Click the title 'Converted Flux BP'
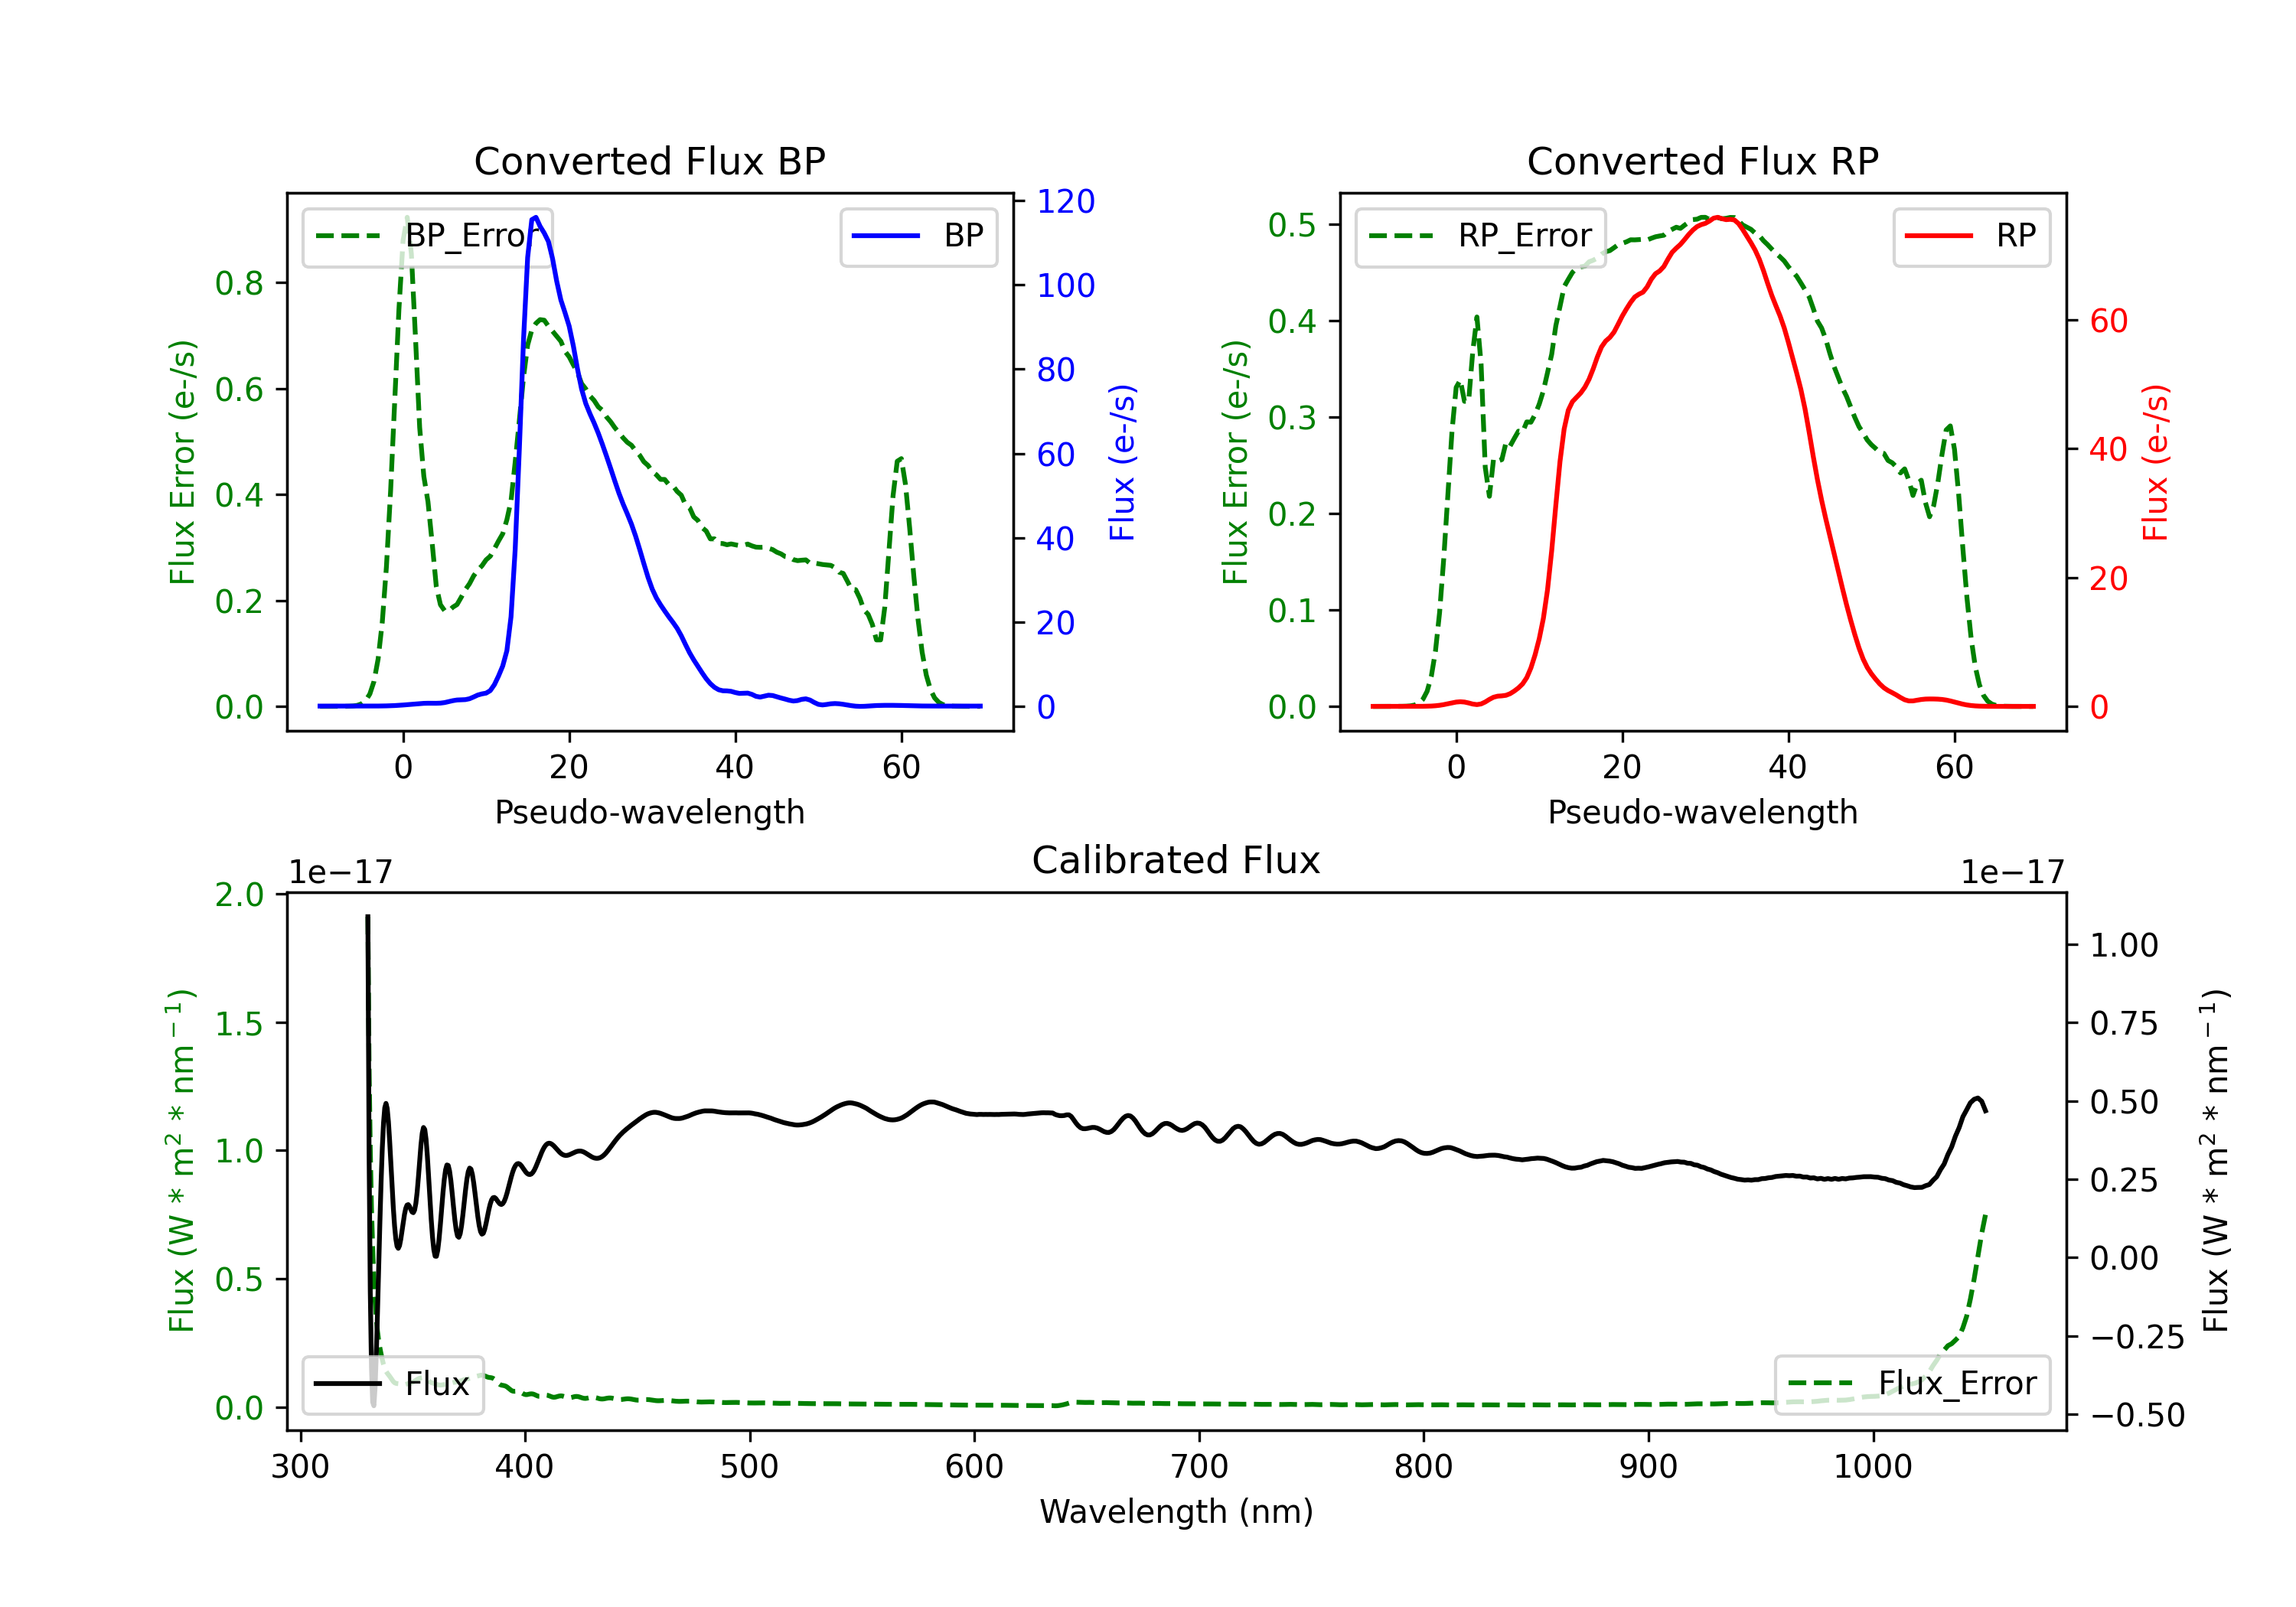pyautogui.click(x=649, y=161)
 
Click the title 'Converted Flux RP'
pyautogui.click(x=1702, y=161)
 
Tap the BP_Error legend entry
pyautogui.click(x=427, y=236)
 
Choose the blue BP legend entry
pyautogui.click(x=918, y=236)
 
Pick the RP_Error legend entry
pyautogui.click(x=1480, y=236)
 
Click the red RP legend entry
pyautogui.click(x=1971, y=236)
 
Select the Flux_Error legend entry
pyautogui.click(x=1912, y=1384)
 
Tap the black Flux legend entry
pyautogui.click(x=392, y=1384)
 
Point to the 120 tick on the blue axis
pyautogui.click(x=1066, y=201)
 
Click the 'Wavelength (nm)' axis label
pyautogui.click(x=1176, y=1511)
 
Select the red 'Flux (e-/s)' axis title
pyautogui.click(x=2155, y=462)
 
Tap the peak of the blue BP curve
pyautogui.click(x=536, y=217)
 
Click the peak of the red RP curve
pyautogui.click(x=1716, y=217)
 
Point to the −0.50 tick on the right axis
pyautogui.click(x=2137, y=1415)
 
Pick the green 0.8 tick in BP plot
pyautogui.click(x=239, y=283)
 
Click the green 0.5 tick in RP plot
pyautogui.click(x=1292, y=225)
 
